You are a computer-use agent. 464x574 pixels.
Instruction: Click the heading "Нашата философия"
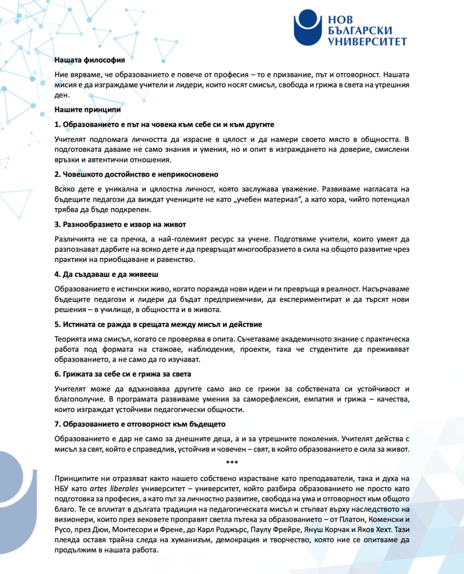click(x=90, y=60)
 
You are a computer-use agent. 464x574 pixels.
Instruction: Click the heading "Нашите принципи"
click(x=88, y=110)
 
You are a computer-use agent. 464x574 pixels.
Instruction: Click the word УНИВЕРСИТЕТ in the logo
click(x=367, y=41)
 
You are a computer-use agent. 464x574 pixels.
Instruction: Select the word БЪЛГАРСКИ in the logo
click(x=360, y=31)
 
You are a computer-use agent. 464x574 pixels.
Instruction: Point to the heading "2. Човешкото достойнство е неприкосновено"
click(x=136, y=175)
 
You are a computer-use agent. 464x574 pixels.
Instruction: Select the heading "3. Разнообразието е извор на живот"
click(x=120, y=224)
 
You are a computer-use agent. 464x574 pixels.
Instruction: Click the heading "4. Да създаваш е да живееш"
click(x=106, y=275)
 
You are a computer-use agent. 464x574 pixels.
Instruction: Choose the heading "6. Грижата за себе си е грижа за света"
click(x=122, y=374)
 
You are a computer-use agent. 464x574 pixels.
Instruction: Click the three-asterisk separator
click(x=232, y=463)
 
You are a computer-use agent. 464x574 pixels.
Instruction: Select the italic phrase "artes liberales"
click(x=114, y=489)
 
